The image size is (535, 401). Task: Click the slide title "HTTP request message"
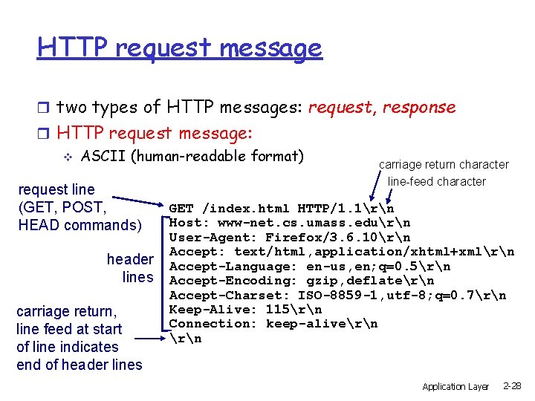coord(180,48)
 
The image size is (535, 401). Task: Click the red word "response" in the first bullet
coord(419,107)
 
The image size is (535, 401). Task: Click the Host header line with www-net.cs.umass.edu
coord(290,223)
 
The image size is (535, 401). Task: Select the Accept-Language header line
coord(310,267)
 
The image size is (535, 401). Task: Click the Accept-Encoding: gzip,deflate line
coord(302,281)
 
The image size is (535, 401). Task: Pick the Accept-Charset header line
coord(337,296)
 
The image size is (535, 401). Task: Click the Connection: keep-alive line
coord(273,324)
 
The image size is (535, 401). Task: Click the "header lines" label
coord(130,269)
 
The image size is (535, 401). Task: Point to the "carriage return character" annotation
coord(444,165)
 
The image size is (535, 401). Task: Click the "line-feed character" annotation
coord(437,181)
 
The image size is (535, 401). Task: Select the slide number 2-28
coord(512,386)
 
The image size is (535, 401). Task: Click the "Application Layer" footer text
coord(455,387)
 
